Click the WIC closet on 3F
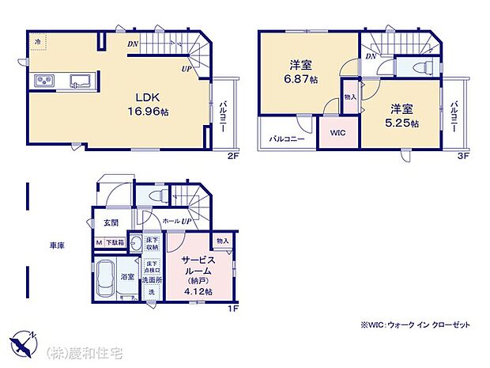(338, 134)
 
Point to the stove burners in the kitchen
(43, 81)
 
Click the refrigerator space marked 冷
(38, 44)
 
